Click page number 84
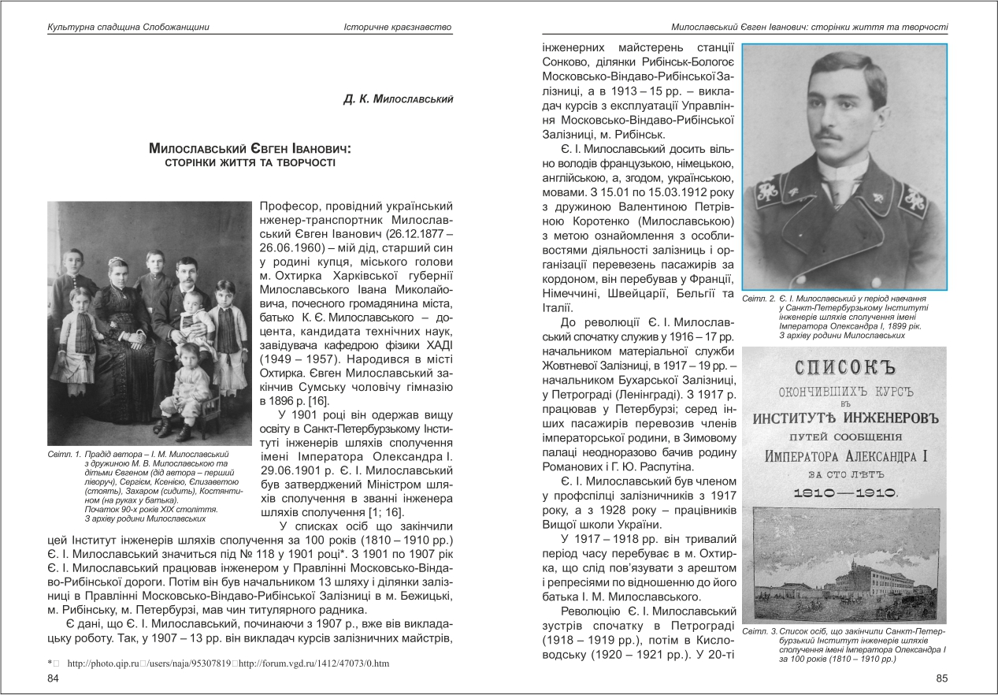click(x=54, y=679)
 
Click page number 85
click(x=941, y=679)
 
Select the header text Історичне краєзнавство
click(x=398, y=28)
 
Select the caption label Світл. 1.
click(x=64, y=455)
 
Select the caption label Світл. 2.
click(x=759, y=300)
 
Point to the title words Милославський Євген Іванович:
click(x=250, y=149)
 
